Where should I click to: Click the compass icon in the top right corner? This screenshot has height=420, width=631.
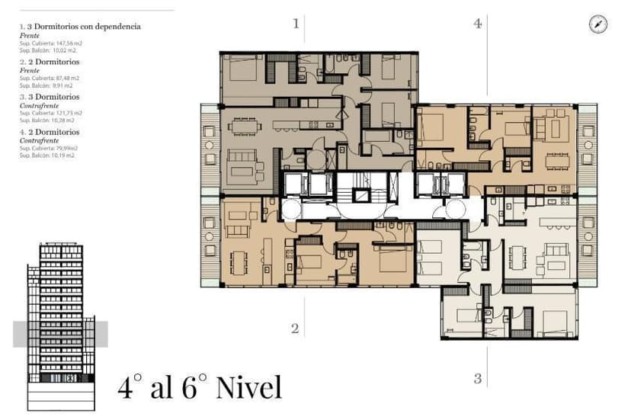(x=598, y=24)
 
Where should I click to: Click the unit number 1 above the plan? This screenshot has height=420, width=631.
(x=296, y=24)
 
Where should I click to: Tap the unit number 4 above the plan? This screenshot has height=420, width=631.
(x=478, y=24)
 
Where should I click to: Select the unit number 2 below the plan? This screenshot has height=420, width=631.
(x=294, y=329)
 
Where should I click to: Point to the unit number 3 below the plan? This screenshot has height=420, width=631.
(x=478, y=378)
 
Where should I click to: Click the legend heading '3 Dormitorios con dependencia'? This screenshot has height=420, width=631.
(x=84, y=27)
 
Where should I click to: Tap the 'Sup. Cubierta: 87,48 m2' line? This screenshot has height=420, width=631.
(x=51, y=76)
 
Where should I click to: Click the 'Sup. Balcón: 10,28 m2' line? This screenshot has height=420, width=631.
(x=47, y=120)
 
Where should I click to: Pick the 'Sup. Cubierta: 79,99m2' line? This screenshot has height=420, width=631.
(x=50, y=148)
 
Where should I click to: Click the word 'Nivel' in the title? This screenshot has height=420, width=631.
(x=248, y=387)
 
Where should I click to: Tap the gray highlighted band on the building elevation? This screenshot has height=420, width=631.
(x=60, y=334)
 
